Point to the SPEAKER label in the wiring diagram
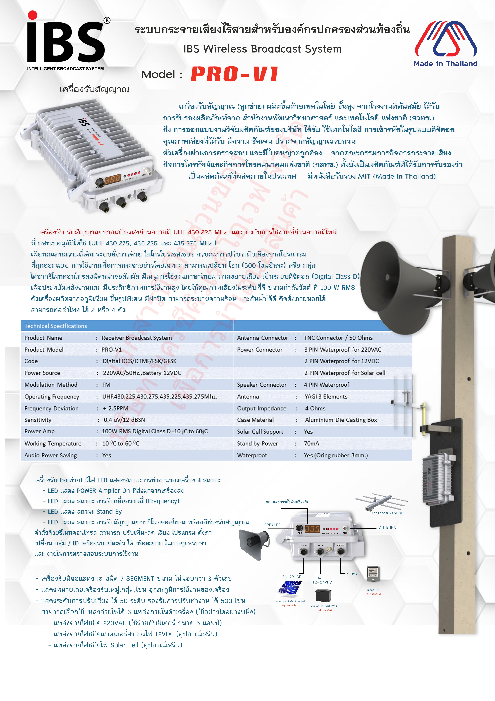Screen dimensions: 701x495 point(272,525)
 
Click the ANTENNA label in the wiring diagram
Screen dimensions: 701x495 point(387,527)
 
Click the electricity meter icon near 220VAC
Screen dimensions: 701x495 point(373,574)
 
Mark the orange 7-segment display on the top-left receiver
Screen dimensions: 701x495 point(113,179)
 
